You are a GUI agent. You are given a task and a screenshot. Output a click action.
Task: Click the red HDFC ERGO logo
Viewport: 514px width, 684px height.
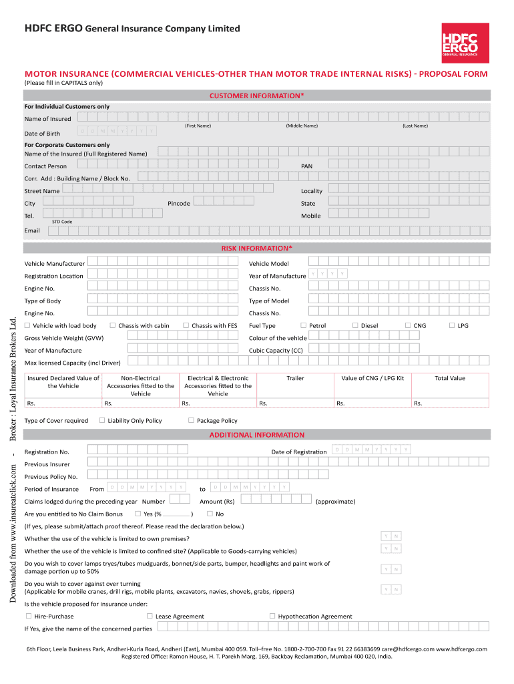[x=460, y=41]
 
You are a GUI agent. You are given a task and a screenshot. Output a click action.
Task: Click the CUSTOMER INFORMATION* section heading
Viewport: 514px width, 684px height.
[x=257, y=96]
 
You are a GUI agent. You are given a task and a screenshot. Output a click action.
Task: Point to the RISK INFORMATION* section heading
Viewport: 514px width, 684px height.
[x=257, y=248]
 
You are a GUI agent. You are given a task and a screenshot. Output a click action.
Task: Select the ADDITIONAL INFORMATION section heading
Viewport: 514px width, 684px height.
[x=257, y=435]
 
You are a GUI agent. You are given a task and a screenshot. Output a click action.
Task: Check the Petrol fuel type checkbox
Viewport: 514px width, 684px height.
[x=303, y=325]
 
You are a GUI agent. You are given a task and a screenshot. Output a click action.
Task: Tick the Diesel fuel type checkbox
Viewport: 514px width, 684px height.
[x=355, y=325]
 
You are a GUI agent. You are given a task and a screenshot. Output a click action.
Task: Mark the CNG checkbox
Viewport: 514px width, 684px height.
[x=408, y=325]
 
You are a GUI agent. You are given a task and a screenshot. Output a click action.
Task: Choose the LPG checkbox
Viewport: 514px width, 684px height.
[x=452, y=325]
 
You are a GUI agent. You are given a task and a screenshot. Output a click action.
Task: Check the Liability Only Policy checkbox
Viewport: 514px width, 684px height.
[x=102, y=420]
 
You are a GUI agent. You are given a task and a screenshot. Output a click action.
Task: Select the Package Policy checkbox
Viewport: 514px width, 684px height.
[x=191, y=420]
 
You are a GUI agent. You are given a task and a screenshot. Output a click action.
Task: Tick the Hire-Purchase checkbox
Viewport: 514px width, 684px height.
[x=28, y=616]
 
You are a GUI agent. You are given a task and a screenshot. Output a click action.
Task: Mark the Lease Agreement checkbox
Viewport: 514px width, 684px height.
[x=150, y=616]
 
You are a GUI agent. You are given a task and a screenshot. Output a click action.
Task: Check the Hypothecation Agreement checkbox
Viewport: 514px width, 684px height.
[x=272, y=616]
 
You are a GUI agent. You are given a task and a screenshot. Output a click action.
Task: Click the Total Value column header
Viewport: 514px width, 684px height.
[x=450, y=378]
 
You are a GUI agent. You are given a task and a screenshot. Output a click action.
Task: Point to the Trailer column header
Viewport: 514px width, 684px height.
[x=295, y=378]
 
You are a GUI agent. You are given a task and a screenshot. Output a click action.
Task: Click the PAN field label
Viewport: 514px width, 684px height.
[x=306, y=166]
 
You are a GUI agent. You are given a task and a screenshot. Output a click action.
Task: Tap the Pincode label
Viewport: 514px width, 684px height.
[x=179, y=203]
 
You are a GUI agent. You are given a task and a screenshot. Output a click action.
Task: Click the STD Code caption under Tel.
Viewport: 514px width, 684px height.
[x=62, y=222]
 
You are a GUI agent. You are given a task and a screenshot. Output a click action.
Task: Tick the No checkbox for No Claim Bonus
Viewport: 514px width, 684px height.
[x=210, y=514]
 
